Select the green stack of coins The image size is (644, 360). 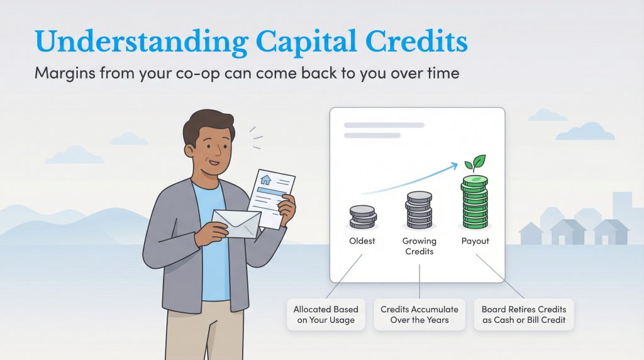475,203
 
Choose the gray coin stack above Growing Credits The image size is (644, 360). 419,211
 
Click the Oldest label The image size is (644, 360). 363,241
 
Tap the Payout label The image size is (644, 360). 475,241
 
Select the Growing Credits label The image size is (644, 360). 419,246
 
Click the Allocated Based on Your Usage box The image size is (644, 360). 326,315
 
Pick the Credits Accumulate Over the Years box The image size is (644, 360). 419,315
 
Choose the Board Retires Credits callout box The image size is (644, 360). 523,315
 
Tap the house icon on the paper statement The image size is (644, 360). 265,180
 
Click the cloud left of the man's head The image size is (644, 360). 129,138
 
